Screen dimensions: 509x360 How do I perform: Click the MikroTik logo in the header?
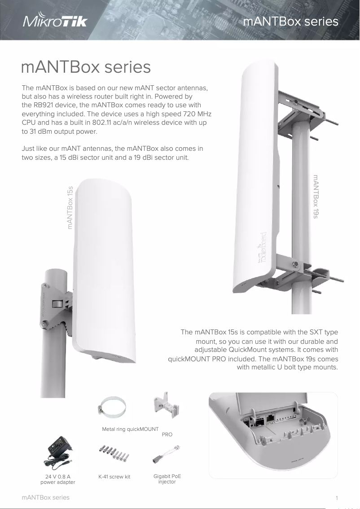[55, 22]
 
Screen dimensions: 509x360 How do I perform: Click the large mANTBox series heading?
[86, 67]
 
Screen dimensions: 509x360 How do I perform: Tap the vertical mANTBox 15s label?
[70, 207]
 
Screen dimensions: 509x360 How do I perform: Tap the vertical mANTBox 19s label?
[316, 197]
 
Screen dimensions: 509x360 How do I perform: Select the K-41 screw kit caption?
[114, 477]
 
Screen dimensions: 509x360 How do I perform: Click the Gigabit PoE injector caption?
[167, 479]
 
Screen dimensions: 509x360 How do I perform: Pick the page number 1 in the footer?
[337, 498]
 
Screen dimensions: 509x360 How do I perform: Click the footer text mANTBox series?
[46, 497]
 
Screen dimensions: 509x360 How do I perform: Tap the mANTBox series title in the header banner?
[290, 22]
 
